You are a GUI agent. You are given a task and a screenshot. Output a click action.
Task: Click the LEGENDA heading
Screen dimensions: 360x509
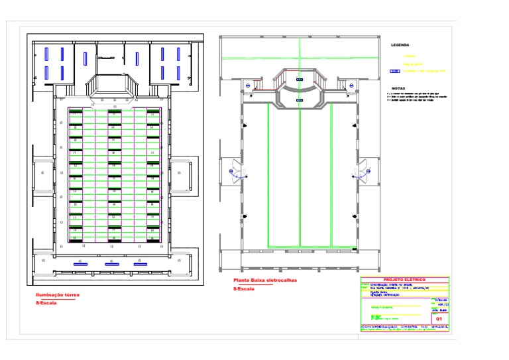(400, 45)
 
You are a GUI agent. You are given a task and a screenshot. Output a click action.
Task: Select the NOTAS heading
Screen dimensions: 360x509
(398, 88)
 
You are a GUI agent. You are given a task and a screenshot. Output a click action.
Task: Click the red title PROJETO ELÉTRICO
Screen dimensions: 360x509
(404, 280)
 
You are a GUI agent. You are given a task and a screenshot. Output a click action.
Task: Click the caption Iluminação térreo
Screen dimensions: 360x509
(56, 295)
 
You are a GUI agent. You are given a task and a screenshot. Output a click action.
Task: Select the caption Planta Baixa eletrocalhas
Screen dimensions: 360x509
(264, 280)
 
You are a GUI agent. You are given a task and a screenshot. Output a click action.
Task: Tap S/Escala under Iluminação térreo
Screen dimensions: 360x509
(46, 303)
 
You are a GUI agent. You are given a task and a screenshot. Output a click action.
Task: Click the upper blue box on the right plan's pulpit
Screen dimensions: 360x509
(299, 80)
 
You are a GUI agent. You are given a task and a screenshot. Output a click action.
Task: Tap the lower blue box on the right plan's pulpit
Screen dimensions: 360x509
(299, 99)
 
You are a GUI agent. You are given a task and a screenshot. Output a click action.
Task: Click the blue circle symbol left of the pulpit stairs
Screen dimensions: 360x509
(248, 86)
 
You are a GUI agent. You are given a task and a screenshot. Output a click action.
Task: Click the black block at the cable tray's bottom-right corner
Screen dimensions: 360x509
(354, 249)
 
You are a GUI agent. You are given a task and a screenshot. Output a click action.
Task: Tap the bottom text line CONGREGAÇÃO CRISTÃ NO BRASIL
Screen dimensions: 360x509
(404, 326)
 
